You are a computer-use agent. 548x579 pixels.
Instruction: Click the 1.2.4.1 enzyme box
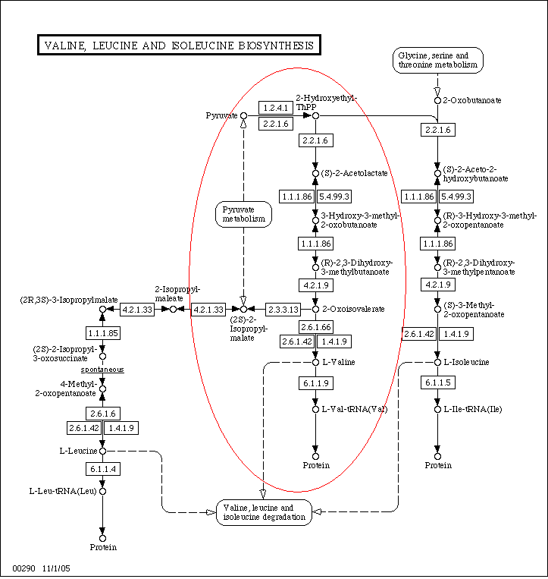click(276, 108)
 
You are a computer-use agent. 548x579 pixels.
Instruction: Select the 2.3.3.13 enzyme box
click(283, 310)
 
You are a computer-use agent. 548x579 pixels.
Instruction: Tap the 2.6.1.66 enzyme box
click(315, 327)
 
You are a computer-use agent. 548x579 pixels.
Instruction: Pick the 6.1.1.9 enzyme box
click(315, 383)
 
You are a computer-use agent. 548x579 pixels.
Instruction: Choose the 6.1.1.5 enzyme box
click(438, 382)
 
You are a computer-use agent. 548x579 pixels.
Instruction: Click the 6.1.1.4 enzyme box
click(103, 469)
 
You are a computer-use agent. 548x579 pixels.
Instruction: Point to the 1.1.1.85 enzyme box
click(103, 333)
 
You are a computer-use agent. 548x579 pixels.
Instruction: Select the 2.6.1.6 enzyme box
click(103, 414)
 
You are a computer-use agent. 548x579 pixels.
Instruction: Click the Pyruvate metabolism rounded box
click(243, 214)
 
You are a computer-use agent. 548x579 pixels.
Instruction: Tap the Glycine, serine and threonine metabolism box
click(438, 60)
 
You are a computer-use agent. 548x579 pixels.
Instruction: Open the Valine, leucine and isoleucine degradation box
click(264, 512)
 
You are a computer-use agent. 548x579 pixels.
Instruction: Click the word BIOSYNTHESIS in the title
click(276, 46)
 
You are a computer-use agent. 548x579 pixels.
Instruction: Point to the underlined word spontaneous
click(102, 370)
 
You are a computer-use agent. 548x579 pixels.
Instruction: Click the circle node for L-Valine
click(315, 363)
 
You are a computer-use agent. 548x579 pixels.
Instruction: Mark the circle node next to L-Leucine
click(103, 452)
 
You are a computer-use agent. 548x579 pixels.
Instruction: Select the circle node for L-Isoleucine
click(438, 363)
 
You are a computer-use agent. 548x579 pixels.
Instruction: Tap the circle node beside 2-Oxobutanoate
click(438, 100)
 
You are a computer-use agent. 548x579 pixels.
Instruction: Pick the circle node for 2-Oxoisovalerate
click(315, 310)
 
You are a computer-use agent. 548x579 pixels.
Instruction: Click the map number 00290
click(24, 568)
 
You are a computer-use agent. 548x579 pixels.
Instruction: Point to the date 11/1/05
click(56, 568)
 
